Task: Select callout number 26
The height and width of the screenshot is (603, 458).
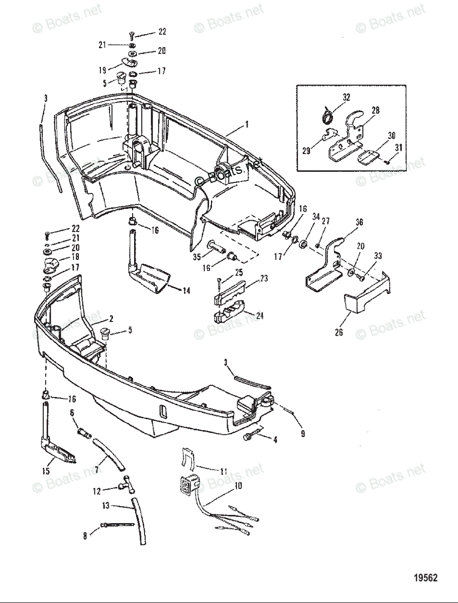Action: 339,333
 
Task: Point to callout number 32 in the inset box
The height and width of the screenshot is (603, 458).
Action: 347,97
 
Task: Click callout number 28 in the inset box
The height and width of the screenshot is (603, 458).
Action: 376,110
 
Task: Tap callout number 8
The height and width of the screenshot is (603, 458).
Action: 85,536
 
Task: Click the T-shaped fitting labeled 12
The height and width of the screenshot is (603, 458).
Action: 123,485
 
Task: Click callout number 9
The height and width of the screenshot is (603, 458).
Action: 302,433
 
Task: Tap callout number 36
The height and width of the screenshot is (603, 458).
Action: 359,222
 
